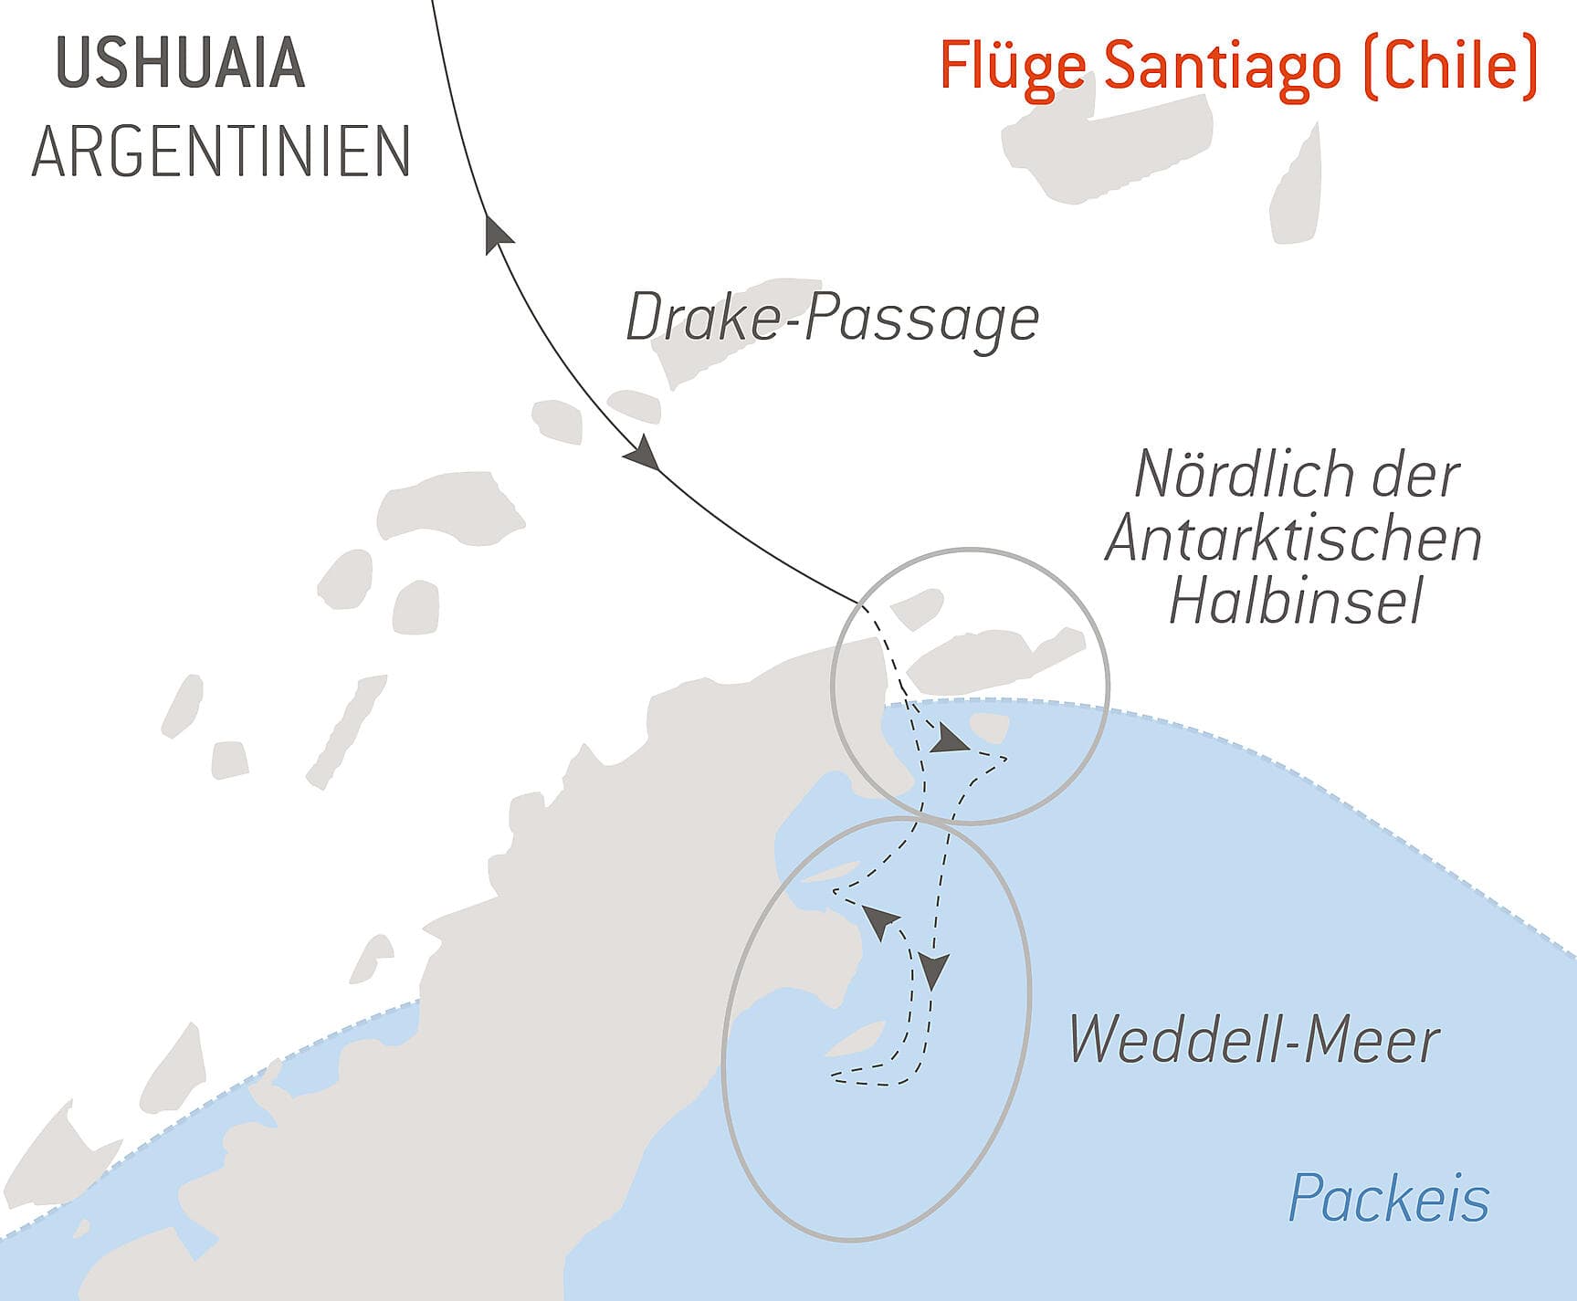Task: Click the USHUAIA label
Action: point(180,64)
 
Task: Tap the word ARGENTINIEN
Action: point(220,152)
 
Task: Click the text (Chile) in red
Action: point(1450,67)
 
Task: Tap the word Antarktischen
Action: point(1293,539)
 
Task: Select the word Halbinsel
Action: point(1296,603)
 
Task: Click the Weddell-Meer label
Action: point(1253,1040)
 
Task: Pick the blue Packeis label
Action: point(1388,1198)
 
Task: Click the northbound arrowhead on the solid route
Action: point(496,232)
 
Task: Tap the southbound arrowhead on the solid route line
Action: point(643,453)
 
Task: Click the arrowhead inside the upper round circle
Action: point(950,740)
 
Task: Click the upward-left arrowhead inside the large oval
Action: point(880,922)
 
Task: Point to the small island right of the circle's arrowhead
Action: point(989,728)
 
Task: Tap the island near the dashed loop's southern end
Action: point(855,1039)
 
